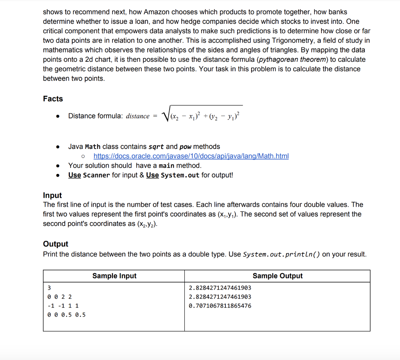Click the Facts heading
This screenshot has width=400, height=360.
[53, 99]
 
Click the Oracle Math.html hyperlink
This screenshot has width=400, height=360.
[191, 156]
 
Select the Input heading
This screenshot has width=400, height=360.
[52, 195]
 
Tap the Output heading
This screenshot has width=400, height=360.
[55, 244]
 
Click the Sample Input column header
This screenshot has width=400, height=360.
[114, 276]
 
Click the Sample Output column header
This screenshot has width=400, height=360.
[277, 276]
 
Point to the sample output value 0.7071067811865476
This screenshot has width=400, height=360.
[220, 306]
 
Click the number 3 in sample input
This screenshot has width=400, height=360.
[48, 288]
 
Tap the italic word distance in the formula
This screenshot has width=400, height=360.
[137, 116]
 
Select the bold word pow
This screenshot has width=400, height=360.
[185, 147]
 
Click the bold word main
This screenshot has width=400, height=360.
[166, 166]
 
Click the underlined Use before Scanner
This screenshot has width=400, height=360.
[75, 175]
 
